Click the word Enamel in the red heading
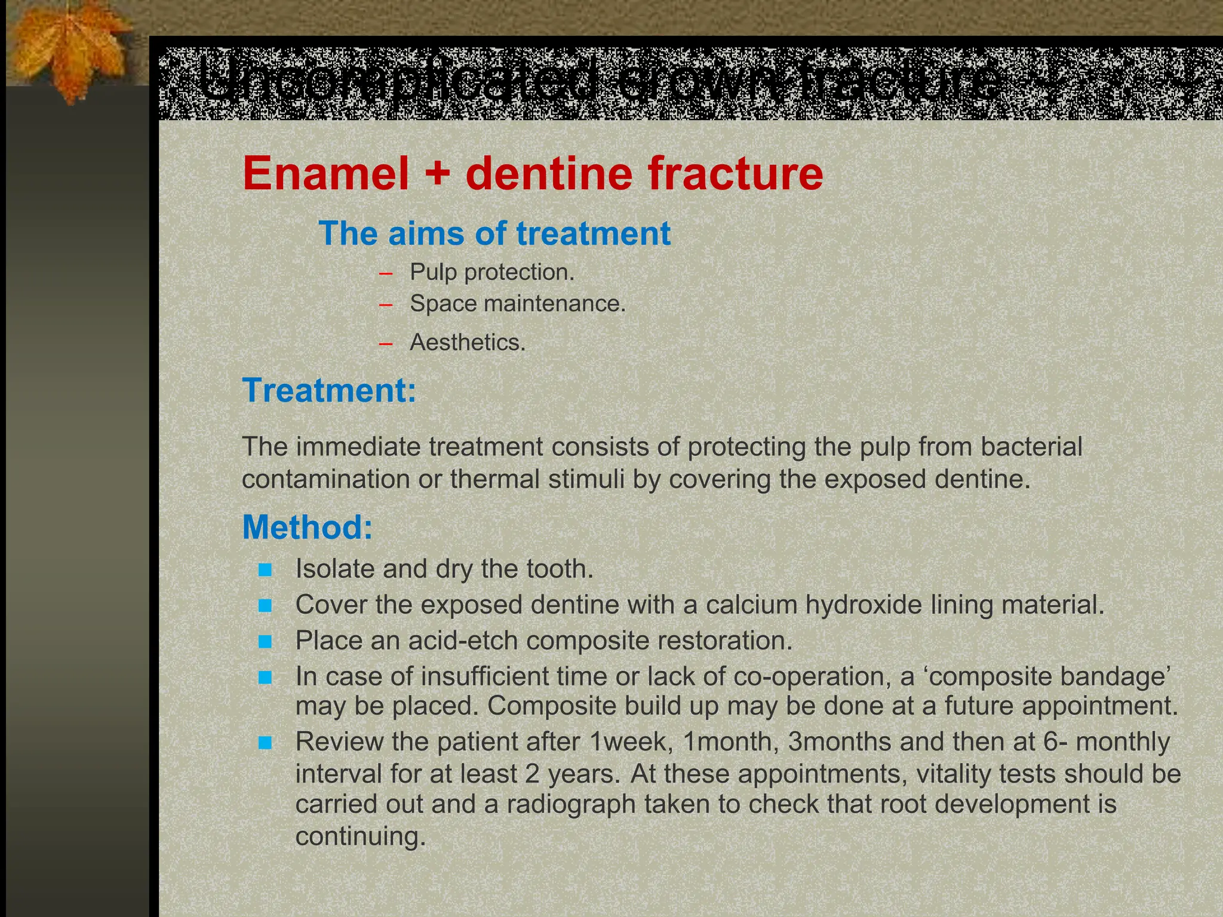325,174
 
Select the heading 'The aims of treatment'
494,233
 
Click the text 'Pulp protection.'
491,272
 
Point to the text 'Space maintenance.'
517,304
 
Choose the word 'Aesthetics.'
467,343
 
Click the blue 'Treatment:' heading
329,390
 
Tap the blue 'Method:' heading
307,528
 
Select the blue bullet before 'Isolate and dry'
265,570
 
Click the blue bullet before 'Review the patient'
265,743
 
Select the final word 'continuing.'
361,836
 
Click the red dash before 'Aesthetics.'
386,343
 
